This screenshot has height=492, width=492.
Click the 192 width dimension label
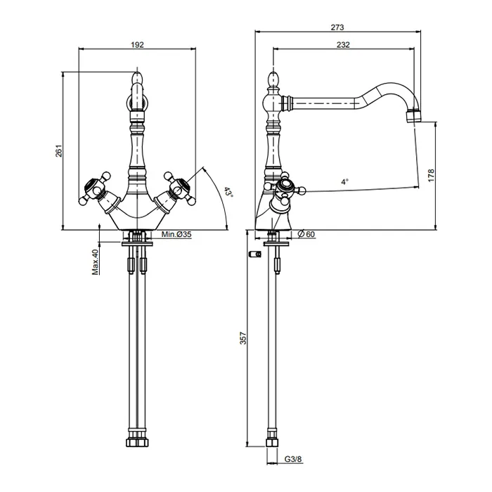pos(137,45)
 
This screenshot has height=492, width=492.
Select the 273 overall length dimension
pos(337,27)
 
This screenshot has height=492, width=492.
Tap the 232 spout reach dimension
pos(343,45)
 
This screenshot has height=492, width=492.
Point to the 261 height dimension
pos(59,151)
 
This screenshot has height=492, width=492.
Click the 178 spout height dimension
pos(431,176)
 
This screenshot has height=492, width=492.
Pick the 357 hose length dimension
pos(243,338)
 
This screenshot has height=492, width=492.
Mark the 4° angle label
pos(345,181)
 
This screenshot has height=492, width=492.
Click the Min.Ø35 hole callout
pos(176,234)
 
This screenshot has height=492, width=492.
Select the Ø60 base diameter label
pos(306,234)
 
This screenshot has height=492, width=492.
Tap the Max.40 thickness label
pos(96,262)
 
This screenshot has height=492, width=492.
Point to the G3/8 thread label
pos(293,460)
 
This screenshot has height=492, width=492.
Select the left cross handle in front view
pos(94,188)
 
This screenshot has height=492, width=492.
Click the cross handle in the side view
pos(285,188)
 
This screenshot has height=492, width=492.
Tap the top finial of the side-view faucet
pos(273,79)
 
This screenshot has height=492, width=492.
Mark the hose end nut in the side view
pos(273,442)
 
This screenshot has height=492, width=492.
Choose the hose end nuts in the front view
pos(137,442)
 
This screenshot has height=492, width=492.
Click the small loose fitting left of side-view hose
pos(255,254)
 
